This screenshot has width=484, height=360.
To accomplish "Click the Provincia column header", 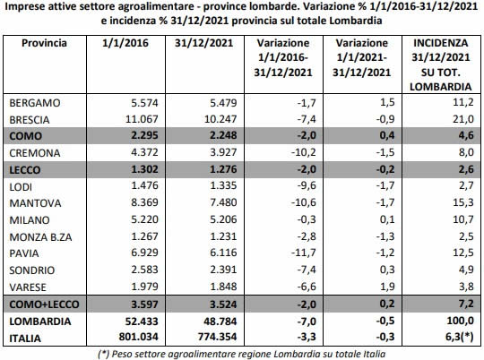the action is pyautogui.click(x=44, y=43).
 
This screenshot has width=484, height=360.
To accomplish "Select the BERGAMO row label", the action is pyautogui.click(x=35, y=103).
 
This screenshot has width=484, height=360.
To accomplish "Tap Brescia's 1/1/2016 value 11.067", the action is pyautogui.click(x=142, y=119).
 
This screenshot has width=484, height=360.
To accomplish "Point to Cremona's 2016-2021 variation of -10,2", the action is pyautogui.click(x=304, y=152).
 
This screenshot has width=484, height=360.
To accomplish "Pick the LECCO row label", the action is pyautogui.click(x=25, y=170).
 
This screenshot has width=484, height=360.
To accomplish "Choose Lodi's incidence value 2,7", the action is pyautogui.click(x=466, y=185).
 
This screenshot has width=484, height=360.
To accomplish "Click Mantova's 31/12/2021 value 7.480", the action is pyautogui.click(x=223, y=202).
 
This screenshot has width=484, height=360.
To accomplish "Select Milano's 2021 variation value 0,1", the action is pyautogui.click(x=387, y=219).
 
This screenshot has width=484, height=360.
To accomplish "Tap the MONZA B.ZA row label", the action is pyautogui.click(x=40, y=237).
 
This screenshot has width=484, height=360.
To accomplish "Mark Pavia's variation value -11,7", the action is pyautogui.click(x=304, y=253).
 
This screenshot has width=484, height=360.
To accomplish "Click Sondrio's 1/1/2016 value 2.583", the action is pyautogui.click(x=144, y=270).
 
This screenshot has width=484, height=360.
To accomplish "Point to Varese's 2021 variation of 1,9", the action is pyautogui.click(x=387, y=287).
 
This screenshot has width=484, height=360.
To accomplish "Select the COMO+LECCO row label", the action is pyautogui.click(x=44, y=304).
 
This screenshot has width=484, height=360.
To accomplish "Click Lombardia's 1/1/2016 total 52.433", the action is pyautogui.click(x=142, y=321).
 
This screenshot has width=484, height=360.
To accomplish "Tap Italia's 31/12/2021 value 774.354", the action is pyautogui.click(x=218, y=336).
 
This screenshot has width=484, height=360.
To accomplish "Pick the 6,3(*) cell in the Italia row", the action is pyautogui.click(x=460, y=337).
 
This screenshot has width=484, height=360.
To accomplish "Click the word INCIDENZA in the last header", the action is pyautogui.click(x=440, y=43).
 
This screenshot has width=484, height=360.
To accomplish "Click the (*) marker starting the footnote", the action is pyautogui.click(x=104, y=354).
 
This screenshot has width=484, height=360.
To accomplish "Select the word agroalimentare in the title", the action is pyautogui.click(x=165, y=6).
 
